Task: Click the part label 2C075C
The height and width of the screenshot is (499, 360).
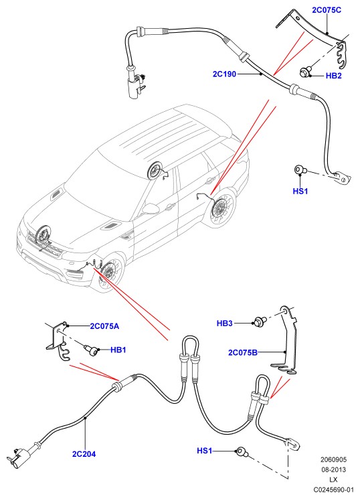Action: [327, 10]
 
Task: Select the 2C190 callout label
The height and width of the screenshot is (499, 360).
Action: [224, 74]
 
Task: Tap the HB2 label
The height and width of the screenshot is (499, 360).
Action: [334, 76]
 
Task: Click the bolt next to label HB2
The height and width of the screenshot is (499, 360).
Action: [304, 72]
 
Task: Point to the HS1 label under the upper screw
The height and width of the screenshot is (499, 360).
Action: [300, 191]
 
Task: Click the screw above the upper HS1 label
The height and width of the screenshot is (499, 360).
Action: [300, 170]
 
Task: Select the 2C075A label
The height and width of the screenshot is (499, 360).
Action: [104, 326]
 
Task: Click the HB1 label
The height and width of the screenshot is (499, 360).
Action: [118, 350]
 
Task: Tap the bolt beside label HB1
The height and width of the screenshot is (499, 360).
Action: [91, 350]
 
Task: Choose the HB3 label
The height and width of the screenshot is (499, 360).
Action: [225, 324]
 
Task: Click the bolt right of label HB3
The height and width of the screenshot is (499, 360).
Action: [260, 322]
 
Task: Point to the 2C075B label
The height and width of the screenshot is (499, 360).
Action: [243, 352]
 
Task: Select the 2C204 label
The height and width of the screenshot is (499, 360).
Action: [84, 454]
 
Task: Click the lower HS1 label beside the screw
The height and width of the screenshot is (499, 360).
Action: [205, 451]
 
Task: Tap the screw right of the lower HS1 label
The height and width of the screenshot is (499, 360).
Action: [241, 451]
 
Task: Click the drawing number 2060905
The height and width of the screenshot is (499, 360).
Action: [333, 459]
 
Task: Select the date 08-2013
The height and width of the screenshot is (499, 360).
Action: [333, 470]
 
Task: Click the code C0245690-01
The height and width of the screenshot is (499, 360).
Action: [333, 490]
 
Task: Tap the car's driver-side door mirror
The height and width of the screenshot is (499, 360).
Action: [151, 209]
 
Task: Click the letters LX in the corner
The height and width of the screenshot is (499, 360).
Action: [333, 480]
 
